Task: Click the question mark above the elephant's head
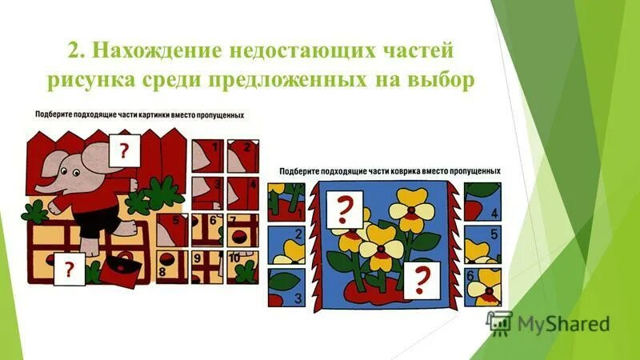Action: point(124,150)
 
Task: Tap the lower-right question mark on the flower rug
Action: point(418,280)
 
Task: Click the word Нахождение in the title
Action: point(149,50)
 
